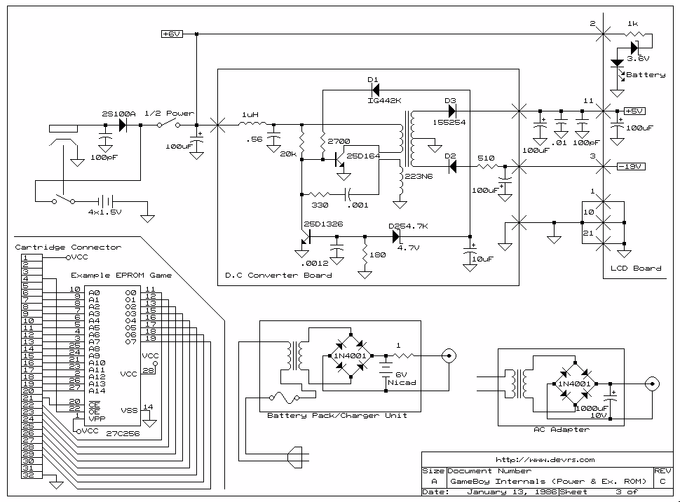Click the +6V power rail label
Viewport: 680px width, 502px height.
click(172, 34)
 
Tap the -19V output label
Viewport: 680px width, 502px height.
click(631, 166)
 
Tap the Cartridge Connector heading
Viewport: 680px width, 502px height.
click(68, 247)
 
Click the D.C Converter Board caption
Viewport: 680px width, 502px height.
click(278, 275)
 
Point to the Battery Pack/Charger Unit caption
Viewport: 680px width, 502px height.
click(336, 415)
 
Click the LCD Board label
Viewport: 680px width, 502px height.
click(635, 268)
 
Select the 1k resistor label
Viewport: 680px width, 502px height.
click(632, 24)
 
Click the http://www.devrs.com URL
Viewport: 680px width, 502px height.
click(545, 460)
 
